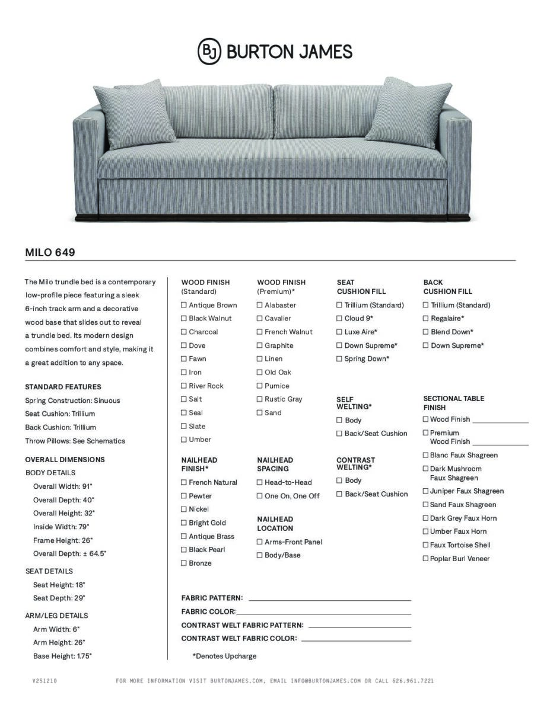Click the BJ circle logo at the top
209,52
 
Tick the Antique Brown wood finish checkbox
184,305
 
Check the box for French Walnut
260,332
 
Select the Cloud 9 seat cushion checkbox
339,319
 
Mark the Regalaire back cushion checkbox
425,319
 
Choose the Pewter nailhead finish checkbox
184,496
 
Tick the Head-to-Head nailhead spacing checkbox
260,482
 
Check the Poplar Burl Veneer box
425,559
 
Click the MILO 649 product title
50,252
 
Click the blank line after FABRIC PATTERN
329,600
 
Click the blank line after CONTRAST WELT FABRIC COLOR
356,640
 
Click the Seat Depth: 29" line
59,598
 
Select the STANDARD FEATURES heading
63,387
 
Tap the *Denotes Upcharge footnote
224,656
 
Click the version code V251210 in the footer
44,681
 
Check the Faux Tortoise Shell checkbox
425,545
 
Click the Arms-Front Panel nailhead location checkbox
260,542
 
